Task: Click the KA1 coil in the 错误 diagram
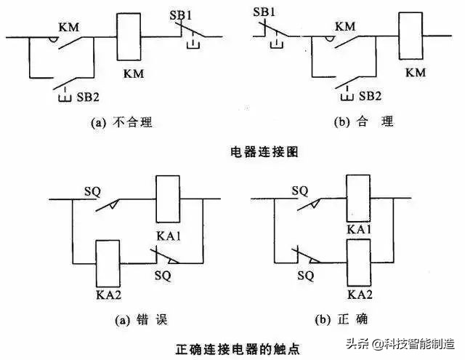pos(168,199)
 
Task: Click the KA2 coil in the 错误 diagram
pos(108,263)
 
